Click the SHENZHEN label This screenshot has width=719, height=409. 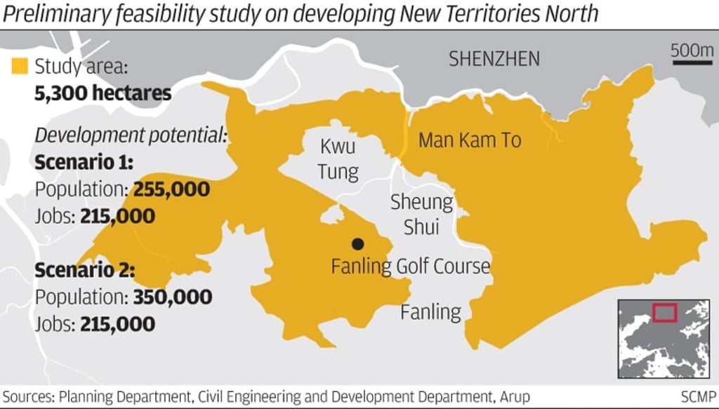click(494, 59)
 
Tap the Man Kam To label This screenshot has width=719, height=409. click(470, 140)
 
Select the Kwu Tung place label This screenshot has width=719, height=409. click(338, 159)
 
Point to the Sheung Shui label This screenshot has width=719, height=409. click(421, 215)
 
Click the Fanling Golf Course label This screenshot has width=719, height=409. click(410, 267)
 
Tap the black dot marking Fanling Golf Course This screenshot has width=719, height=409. click(358, 243)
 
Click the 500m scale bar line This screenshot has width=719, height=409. click(692, 63)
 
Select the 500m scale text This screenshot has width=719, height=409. click(692, 50)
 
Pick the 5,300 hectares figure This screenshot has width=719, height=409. click(103, 93)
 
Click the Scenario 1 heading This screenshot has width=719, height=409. click(85, 163)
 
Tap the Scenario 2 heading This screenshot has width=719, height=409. click(85, 270)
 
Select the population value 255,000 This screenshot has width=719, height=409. click(171, 189)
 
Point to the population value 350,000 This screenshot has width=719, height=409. click(172, 297)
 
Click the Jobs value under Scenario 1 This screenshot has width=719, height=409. click(117, 216)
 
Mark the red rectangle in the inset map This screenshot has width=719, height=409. click(664, 312)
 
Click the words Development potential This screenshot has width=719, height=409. click(131, 135)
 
